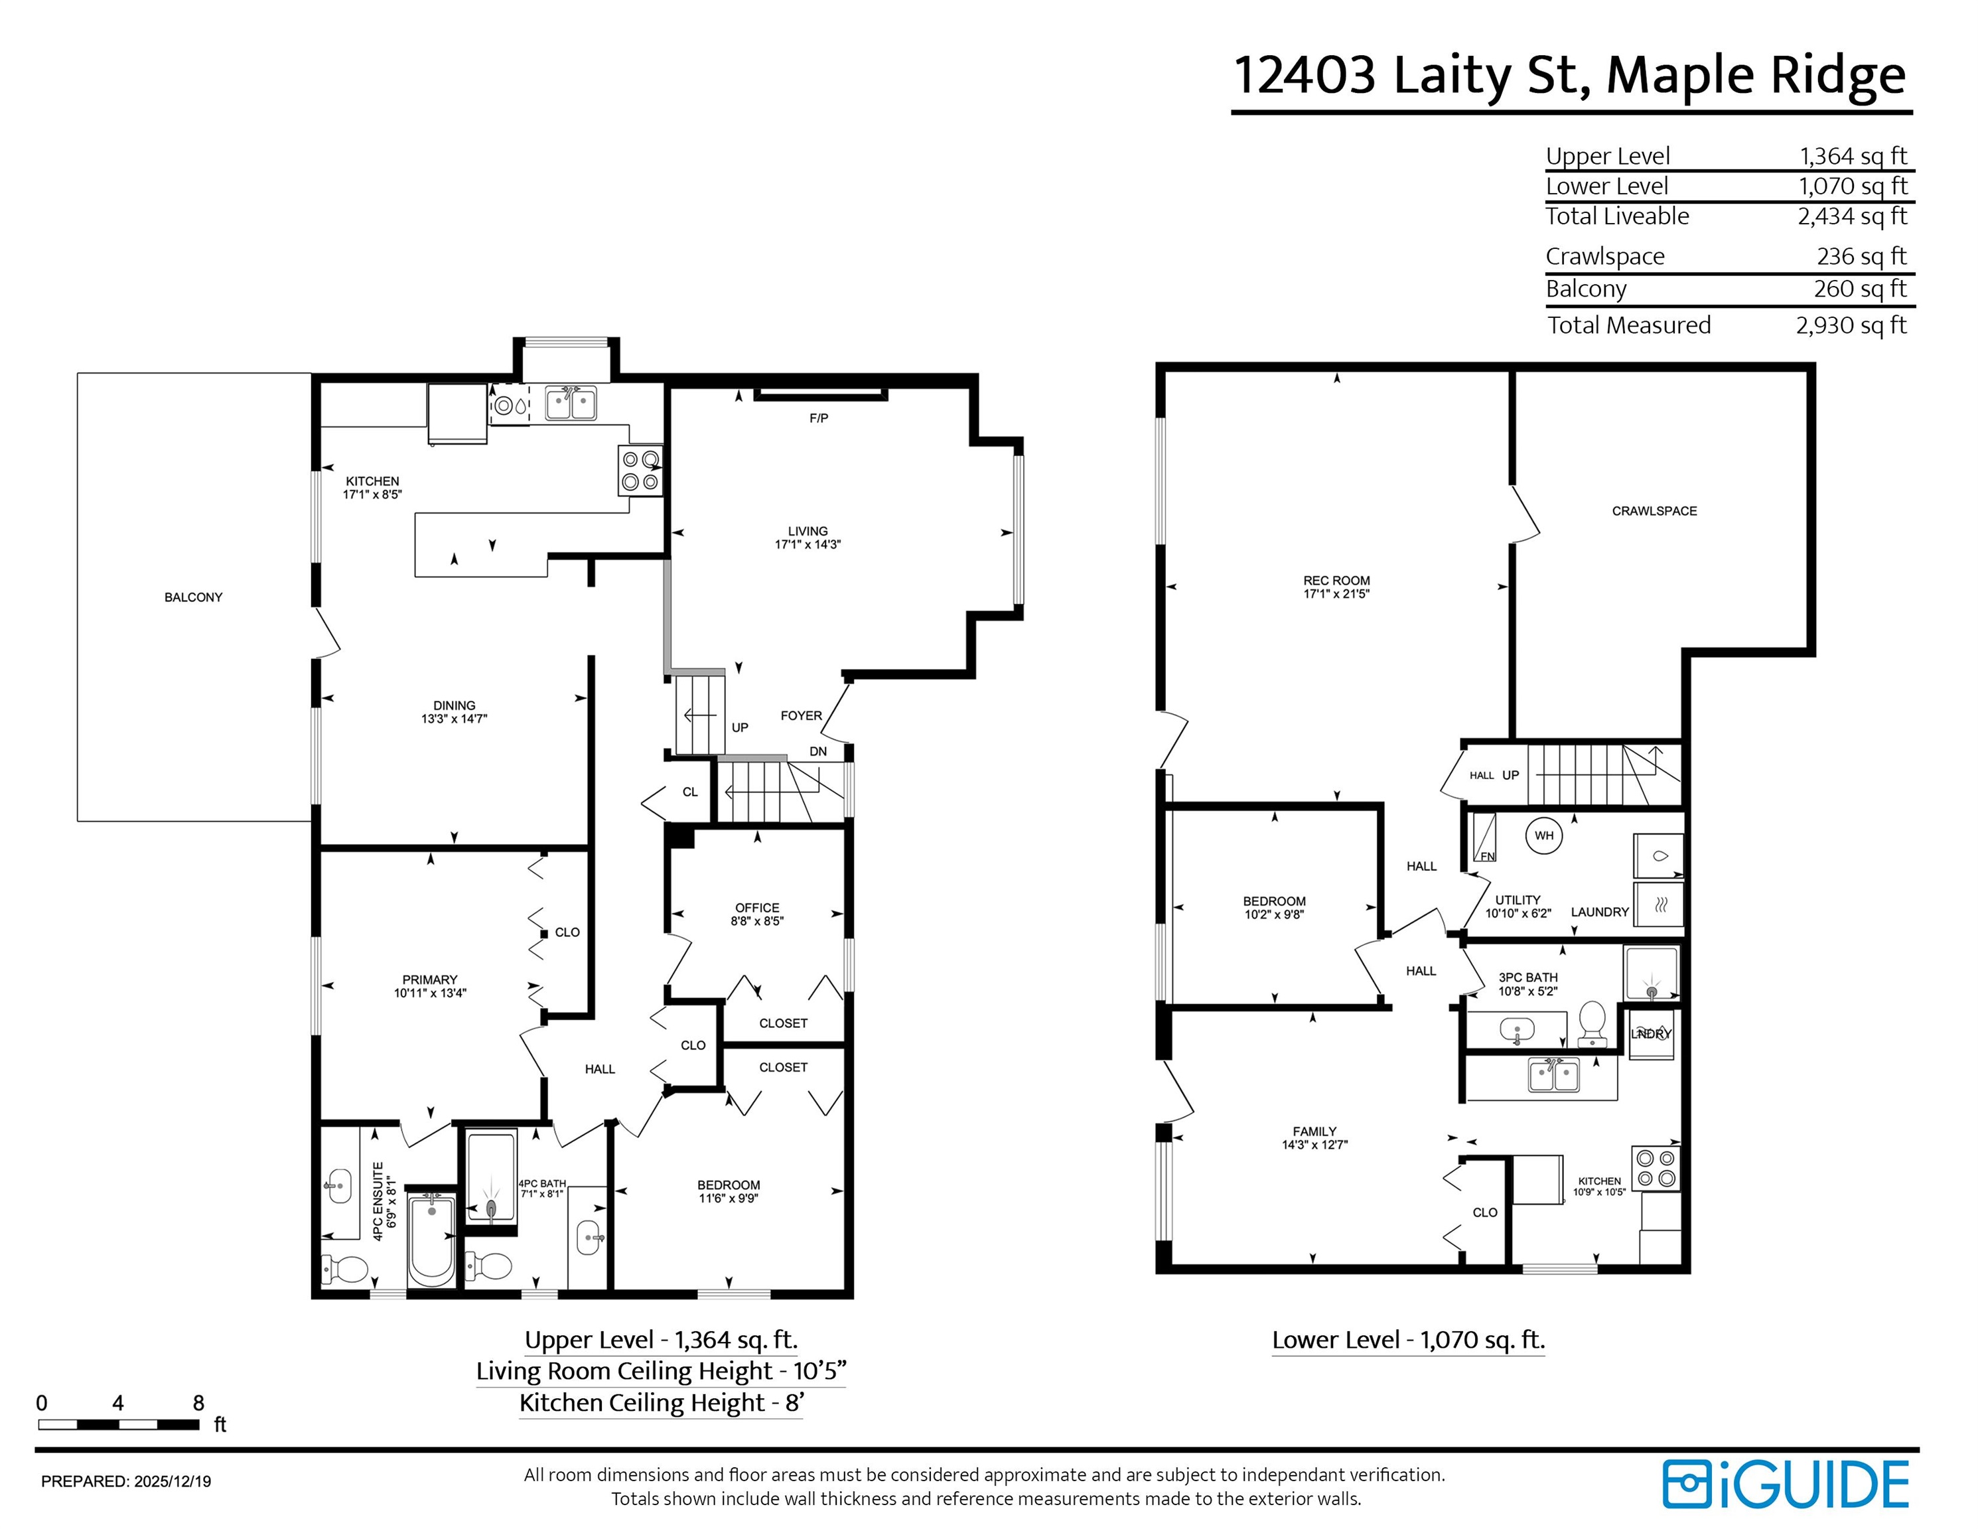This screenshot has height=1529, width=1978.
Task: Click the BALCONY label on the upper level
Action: click(193, 597)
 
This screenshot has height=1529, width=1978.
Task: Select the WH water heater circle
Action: click(1544, 835)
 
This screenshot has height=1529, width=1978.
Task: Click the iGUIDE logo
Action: click(1786, 1485)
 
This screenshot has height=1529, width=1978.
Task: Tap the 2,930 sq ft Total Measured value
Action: click(1851, 325)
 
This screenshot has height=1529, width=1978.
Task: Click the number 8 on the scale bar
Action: click(198, 1403)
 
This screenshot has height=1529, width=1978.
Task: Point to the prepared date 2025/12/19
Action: click(172, 1482)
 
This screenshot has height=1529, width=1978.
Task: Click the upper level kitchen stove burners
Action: click(640, 471)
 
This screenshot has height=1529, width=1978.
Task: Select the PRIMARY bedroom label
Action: click(429, 979)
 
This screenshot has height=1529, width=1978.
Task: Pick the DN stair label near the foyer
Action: click(818, 751)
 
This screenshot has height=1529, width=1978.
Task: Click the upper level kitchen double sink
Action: click(571, 402)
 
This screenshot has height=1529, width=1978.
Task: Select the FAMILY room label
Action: click(1314, 1131)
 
